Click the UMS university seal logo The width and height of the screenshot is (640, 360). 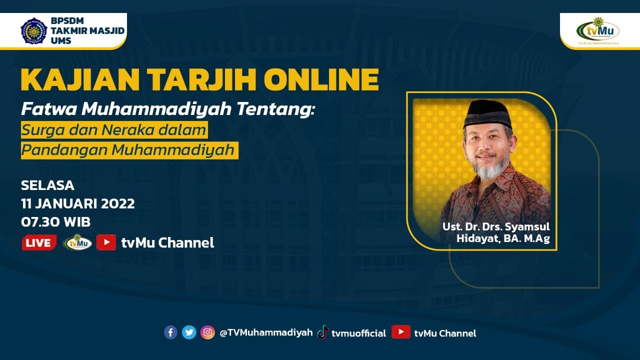pyautogui.click(x=33, y=30)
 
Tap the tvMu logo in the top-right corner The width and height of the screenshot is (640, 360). pyautogui.click(x=598, y=30)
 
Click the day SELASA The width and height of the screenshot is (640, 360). pyautogui.click(x=47, y=185)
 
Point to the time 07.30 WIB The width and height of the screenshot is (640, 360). pyautogui.click(x=55, y=221)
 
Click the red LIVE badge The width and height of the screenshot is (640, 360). pyautogui.click(x=39, y=243)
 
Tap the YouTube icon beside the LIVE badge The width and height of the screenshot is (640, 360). pyautogui.click(x=106, y=242)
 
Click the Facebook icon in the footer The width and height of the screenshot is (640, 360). pyautogui.click(x=170, y=332)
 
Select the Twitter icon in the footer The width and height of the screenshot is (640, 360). pyautogui.click(x=189, y=332)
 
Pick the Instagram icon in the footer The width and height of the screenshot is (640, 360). pyautogui.click(x=207, y=332)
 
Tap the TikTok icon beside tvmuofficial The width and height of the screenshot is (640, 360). pyautogui.click(x=323, y=332)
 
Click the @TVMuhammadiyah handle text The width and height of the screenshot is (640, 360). pyautogui.click(x=266, y=333)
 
